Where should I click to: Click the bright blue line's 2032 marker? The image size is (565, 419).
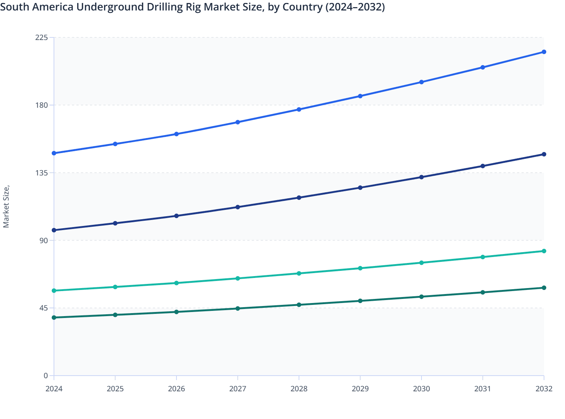coord(544,52)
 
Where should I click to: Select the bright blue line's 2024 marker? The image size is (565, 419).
coord(54,153)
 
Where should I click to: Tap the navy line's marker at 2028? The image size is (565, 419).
coord(299,198)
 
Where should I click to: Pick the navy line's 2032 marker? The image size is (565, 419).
coord(544,155)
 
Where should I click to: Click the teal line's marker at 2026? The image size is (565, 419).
coord(176,283)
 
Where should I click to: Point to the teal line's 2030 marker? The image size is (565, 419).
coord(422,263)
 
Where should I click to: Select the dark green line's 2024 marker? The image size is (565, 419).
coord(54,318)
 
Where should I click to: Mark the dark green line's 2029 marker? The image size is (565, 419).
coord(360,301)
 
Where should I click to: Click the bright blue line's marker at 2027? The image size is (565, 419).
coord(238,122)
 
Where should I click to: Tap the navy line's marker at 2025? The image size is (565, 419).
coord(115,223)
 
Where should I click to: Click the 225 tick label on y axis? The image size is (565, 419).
coord(42,37)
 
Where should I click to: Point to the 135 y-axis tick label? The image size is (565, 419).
coord(42,173)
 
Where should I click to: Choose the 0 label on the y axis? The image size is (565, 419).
coord(46,376)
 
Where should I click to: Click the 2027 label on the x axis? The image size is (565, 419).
coord(238,389)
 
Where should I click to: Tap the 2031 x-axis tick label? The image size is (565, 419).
coord(483,389)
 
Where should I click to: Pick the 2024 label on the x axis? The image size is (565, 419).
coord(54,389)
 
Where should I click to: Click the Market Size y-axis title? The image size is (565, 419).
coord(6,207)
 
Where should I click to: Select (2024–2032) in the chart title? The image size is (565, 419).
coord(355,7)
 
